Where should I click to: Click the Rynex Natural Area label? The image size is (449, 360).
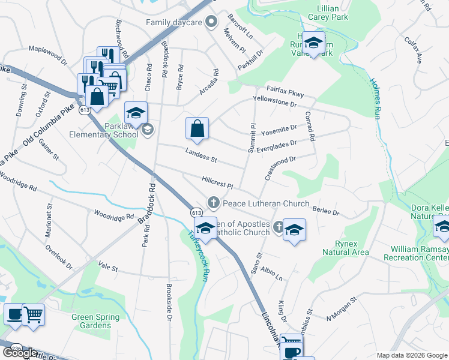tap(339, 248)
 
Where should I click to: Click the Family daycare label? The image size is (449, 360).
tap(175, 23)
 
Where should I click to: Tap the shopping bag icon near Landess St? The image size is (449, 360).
tap(197, 128)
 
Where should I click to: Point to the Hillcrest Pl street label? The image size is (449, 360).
tap(217, 181)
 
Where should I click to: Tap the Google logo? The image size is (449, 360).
tap(20, 352)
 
